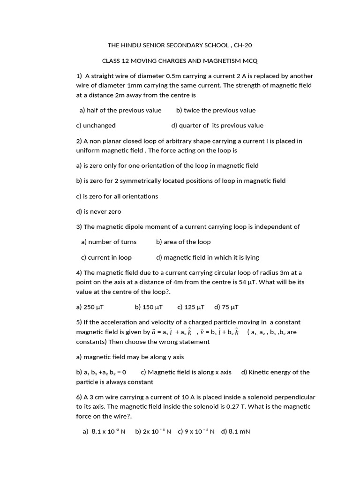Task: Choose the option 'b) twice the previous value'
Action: (216, 111)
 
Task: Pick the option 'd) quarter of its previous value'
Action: (217, 126)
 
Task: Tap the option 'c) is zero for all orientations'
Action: (117, 196)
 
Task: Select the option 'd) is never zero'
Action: (98, 212)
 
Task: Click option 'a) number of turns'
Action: (109, 242)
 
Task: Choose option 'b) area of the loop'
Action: (183, 242)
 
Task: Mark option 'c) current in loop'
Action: (106, 257)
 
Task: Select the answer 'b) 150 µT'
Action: (149, 307)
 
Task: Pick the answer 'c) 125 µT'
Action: (191, 307)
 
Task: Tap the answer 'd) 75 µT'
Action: (226, 307)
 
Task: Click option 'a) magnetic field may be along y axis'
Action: (130, 357)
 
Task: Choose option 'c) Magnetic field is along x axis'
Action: (186, 372)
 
